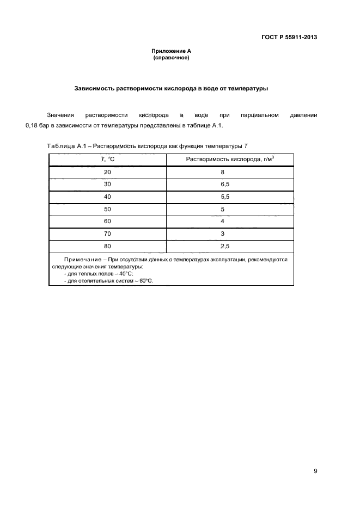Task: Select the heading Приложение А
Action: click(171, 51)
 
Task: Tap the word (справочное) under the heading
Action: click(171, 57)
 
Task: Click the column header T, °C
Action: click(107, 159)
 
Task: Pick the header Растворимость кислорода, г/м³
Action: click(222, 159)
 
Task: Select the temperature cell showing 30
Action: click(107, 184)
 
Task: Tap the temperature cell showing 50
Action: click(107, 208)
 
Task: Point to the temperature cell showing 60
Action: click(107, 221)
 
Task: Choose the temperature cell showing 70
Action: click(107, 234)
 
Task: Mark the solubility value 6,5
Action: click(222, 184)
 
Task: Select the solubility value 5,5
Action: click(222, 197)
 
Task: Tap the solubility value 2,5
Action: click(222, 246)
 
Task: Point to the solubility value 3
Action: click(222, 234)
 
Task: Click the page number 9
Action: click(315, 471)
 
